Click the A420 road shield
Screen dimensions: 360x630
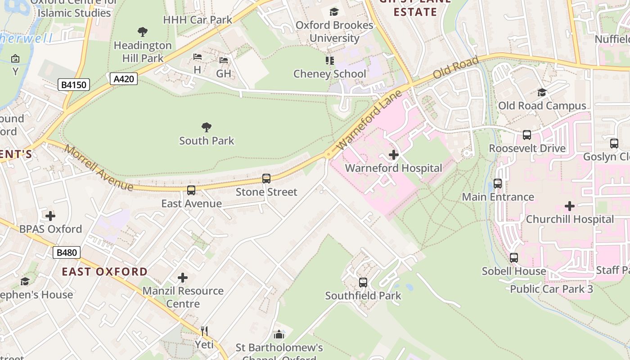[x=123, y=79]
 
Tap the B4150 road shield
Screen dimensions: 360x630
[x=74, y=84]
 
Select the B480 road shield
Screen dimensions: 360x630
[x=67, y=252]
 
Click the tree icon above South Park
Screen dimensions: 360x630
[x=207, y=127]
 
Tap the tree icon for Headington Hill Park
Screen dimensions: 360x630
[x=143, y=32]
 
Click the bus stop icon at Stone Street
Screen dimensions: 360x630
[x=266, y=179]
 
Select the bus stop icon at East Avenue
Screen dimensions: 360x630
[x=191, y=190]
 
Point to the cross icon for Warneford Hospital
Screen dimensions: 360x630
[x=394, y=155]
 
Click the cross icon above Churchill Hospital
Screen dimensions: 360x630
[x=570, y=206]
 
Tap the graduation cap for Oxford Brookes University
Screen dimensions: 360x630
[x=334, y=12]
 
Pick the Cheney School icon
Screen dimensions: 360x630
[x=330, y=60]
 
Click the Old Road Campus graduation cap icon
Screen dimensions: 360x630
[x=542, y=92]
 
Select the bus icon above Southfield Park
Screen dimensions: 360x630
[x=363, y=283]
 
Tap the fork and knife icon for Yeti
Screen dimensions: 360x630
[x=204, y=331]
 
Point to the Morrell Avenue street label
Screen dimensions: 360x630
[x=99, y=168]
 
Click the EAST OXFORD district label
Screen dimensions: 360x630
[x=104, y=271]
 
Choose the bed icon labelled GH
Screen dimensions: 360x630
[x=224, y=60]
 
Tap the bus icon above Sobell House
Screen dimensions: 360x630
[x=514, y=258]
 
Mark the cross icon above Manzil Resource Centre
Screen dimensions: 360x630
[x=183, y=278]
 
